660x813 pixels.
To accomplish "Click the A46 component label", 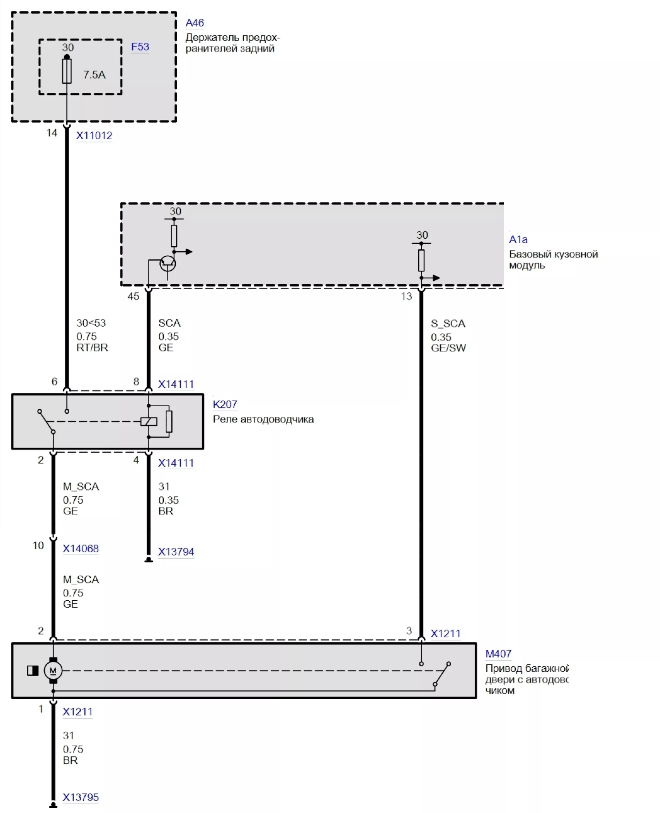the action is pyautogui.click(x=195, y=23).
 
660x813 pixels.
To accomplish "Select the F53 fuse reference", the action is pyautogui.click(x=140, y=47).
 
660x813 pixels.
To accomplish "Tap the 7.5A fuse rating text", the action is pyautogui.click(x=94, y=75).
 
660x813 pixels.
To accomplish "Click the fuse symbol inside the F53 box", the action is pyautogui.click(x=67, y=71).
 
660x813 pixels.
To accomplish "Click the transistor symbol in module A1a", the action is pyautogui.click(x=168, y=263).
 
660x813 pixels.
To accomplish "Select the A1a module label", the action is pyautogui.click(x=518, y=239).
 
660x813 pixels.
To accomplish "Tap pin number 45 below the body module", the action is pyautogui.click(x=133, y=296).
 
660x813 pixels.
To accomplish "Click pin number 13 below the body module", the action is pyautogui.click(x=407, y=296).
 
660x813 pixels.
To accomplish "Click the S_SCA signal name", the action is pyautogui.click(x=448, y=323).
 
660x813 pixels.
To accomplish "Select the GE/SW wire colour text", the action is pyautogui.click(x=448, y=348).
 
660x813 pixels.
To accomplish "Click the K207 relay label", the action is pyautogui.click(x=225, y=404).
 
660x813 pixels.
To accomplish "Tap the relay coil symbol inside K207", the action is pyautogui.click(x=149, y=421).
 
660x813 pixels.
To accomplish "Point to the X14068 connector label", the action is pyautogui.click(x=81, y=549).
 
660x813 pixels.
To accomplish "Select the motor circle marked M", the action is pyautogui.click(x=53, y=671).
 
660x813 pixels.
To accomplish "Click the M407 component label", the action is pyautogui.click(x=498, y=654).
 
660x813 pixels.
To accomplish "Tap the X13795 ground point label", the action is pyautogui.click(x=81, y=797).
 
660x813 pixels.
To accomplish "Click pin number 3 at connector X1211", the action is pyautogui.click(x=409, y=631).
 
